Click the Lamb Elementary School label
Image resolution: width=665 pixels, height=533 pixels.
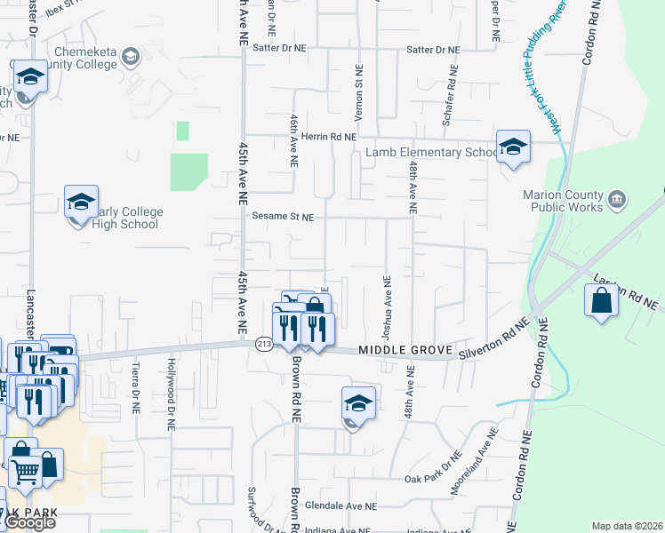[x=432, y=153]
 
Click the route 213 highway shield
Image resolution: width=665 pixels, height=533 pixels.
[x=263, y=345]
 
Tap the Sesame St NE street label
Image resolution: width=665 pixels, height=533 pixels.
[x=283, y=217]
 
